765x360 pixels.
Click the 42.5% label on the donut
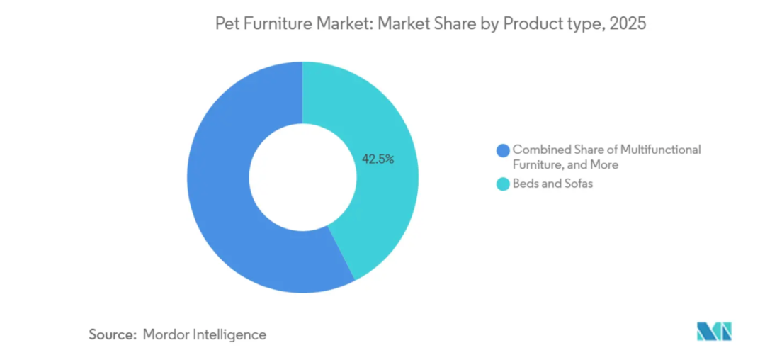click(378, 159)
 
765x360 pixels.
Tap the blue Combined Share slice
click(227, 184)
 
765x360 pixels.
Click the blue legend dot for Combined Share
click(504, 150)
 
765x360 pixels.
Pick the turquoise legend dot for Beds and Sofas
click(504, 184)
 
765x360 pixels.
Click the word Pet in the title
click(226, 24)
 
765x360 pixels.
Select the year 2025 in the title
click(628, 24)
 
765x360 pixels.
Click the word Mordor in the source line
click(166, 334)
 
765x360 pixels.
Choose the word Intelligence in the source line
click(229, 334)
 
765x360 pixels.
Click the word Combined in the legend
click(542, 150)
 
